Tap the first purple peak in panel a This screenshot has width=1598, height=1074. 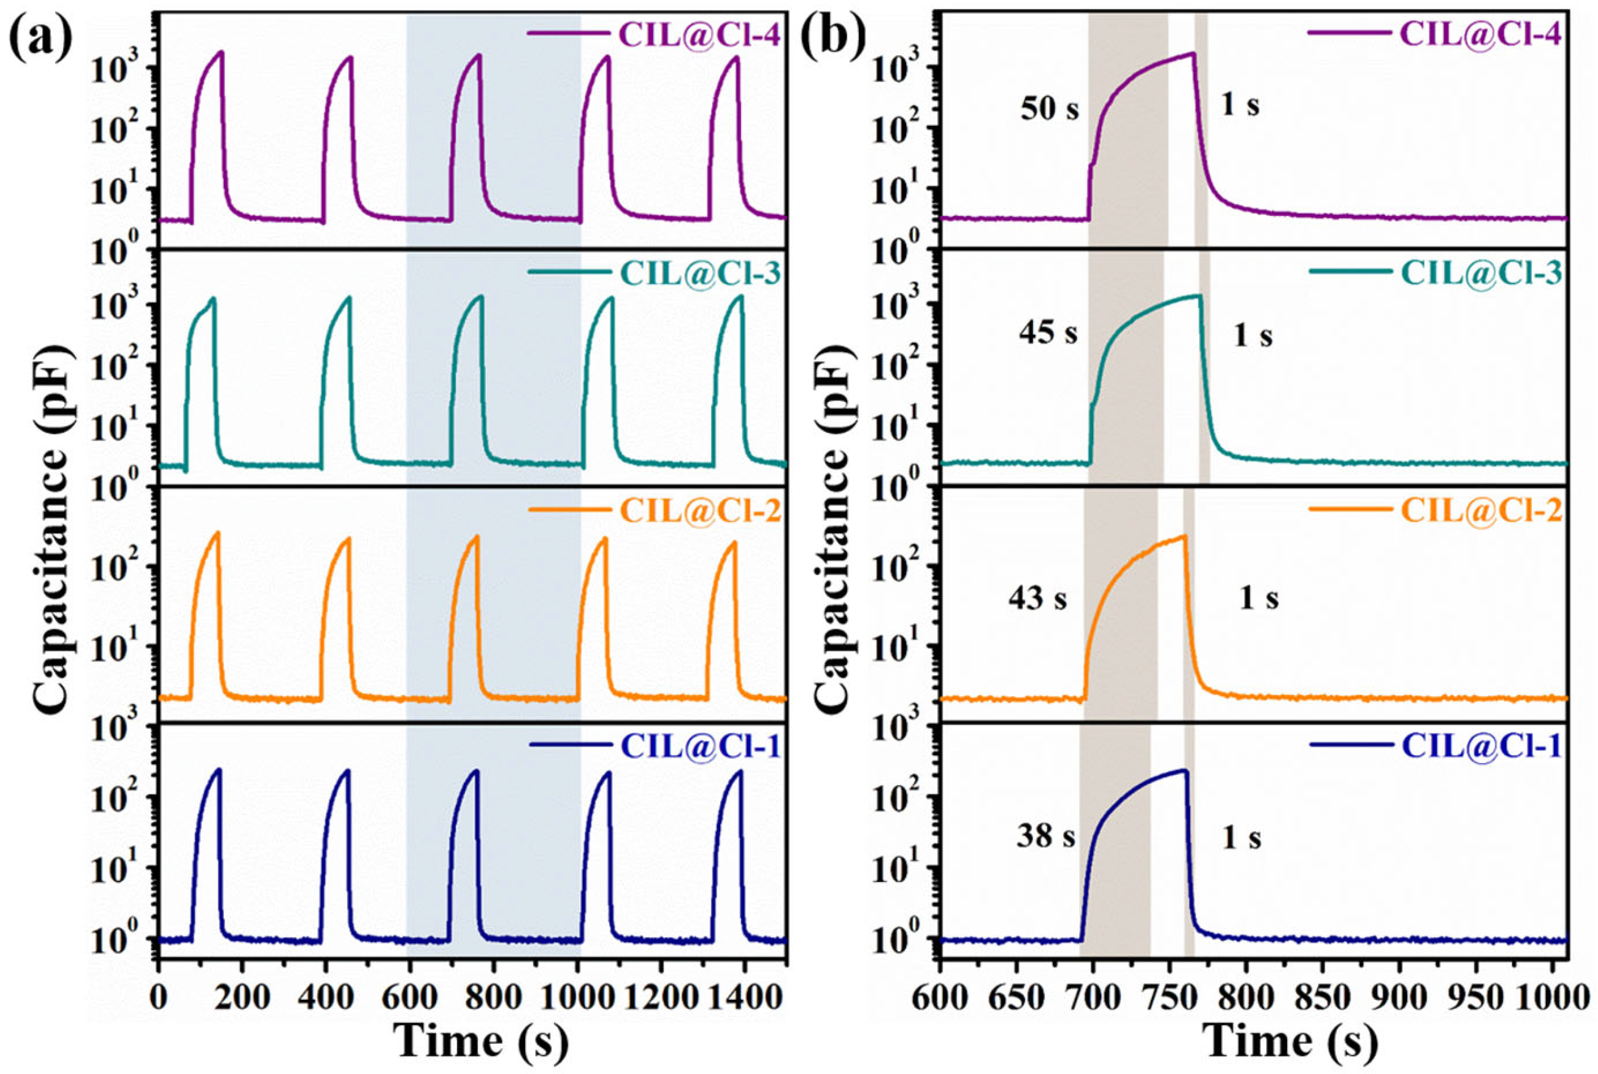click(x=221, y=52)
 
